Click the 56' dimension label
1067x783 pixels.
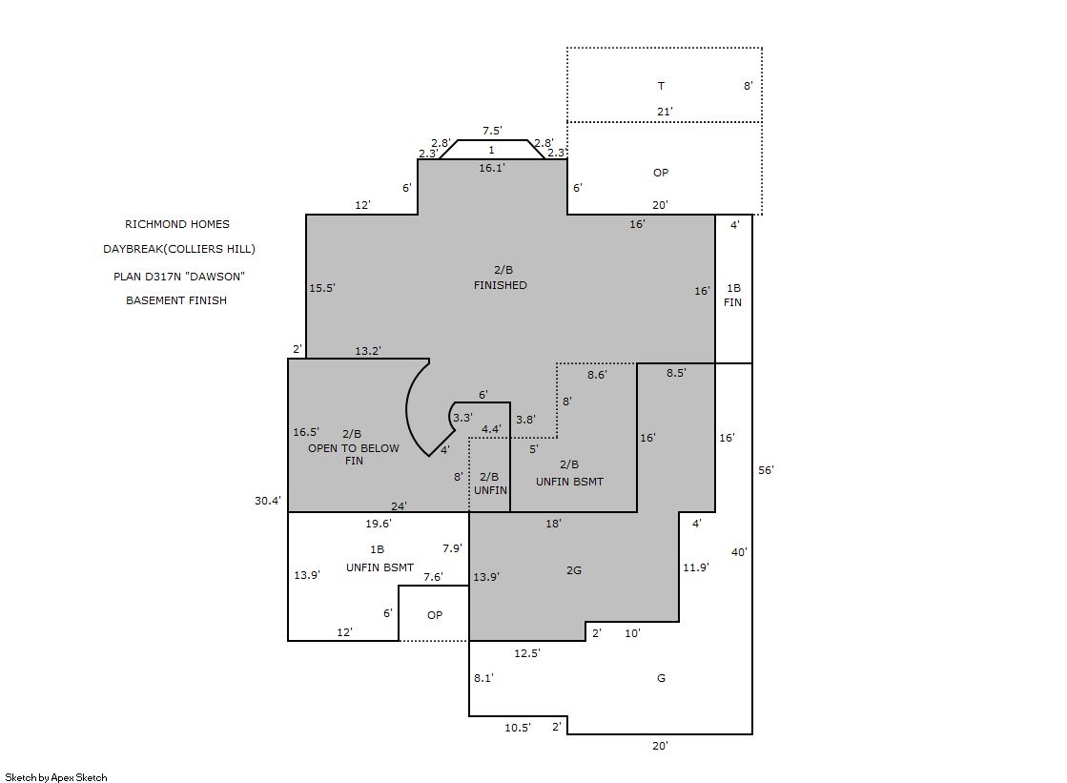click(x=766, y=470)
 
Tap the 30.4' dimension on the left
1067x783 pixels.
click(x=267, y=501)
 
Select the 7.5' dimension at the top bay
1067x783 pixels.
click(x=492, y=131)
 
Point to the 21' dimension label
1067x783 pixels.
click(x=665, y=112)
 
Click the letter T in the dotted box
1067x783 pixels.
click(x=661, y=86)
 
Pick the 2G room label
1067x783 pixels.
click(x=574, y=570)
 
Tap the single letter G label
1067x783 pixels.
click(x=661, y=678)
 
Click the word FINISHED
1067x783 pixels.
click(x=501, y=285)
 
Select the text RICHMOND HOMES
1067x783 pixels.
click(x=177, y=224)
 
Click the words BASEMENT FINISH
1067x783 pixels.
click(x=176, y=300)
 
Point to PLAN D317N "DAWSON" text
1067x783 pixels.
click(x=179, y=277)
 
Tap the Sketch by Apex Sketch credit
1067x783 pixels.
click(x=56, y=777)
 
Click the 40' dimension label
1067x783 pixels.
click(x=739, y=552)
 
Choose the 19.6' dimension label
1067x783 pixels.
click(x=379, y=524)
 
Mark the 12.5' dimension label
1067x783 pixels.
click(x=526, y=653)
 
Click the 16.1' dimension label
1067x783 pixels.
click(x=491, y=168)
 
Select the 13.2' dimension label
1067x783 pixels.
click(x=367, y=351)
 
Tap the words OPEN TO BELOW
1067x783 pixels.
click(x=353, y=448)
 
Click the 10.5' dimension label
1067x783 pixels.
click(x=517, y=728)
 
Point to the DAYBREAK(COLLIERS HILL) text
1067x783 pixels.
click(x=179, y=249)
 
